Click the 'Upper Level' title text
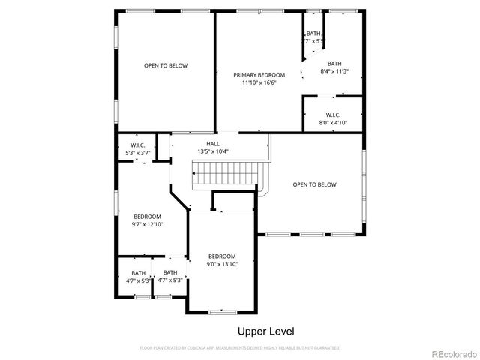click(x=266, y=331)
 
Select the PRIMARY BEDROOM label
click(x=259, y=75)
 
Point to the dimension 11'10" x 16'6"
click(x=259, y=83)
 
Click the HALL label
click(x=213, y=143)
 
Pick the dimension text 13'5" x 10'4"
click(x=213, y=151)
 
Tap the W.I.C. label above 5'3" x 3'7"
click(x=137, y=145)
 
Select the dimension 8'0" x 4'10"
click(x=334, y=122)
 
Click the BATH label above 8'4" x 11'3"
click(x=334, y=64)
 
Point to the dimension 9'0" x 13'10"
click(x=222, y=264)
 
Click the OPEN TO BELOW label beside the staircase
click(x=314, y=184)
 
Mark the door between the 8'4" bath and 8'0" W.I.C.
click(x=332, y=95)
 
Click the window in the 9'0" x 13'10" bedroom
click(x=223, y=311)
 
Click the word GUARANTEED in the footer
click(x=325, y=348)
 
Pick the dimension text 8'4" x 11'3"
click(x=334, y=72)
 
